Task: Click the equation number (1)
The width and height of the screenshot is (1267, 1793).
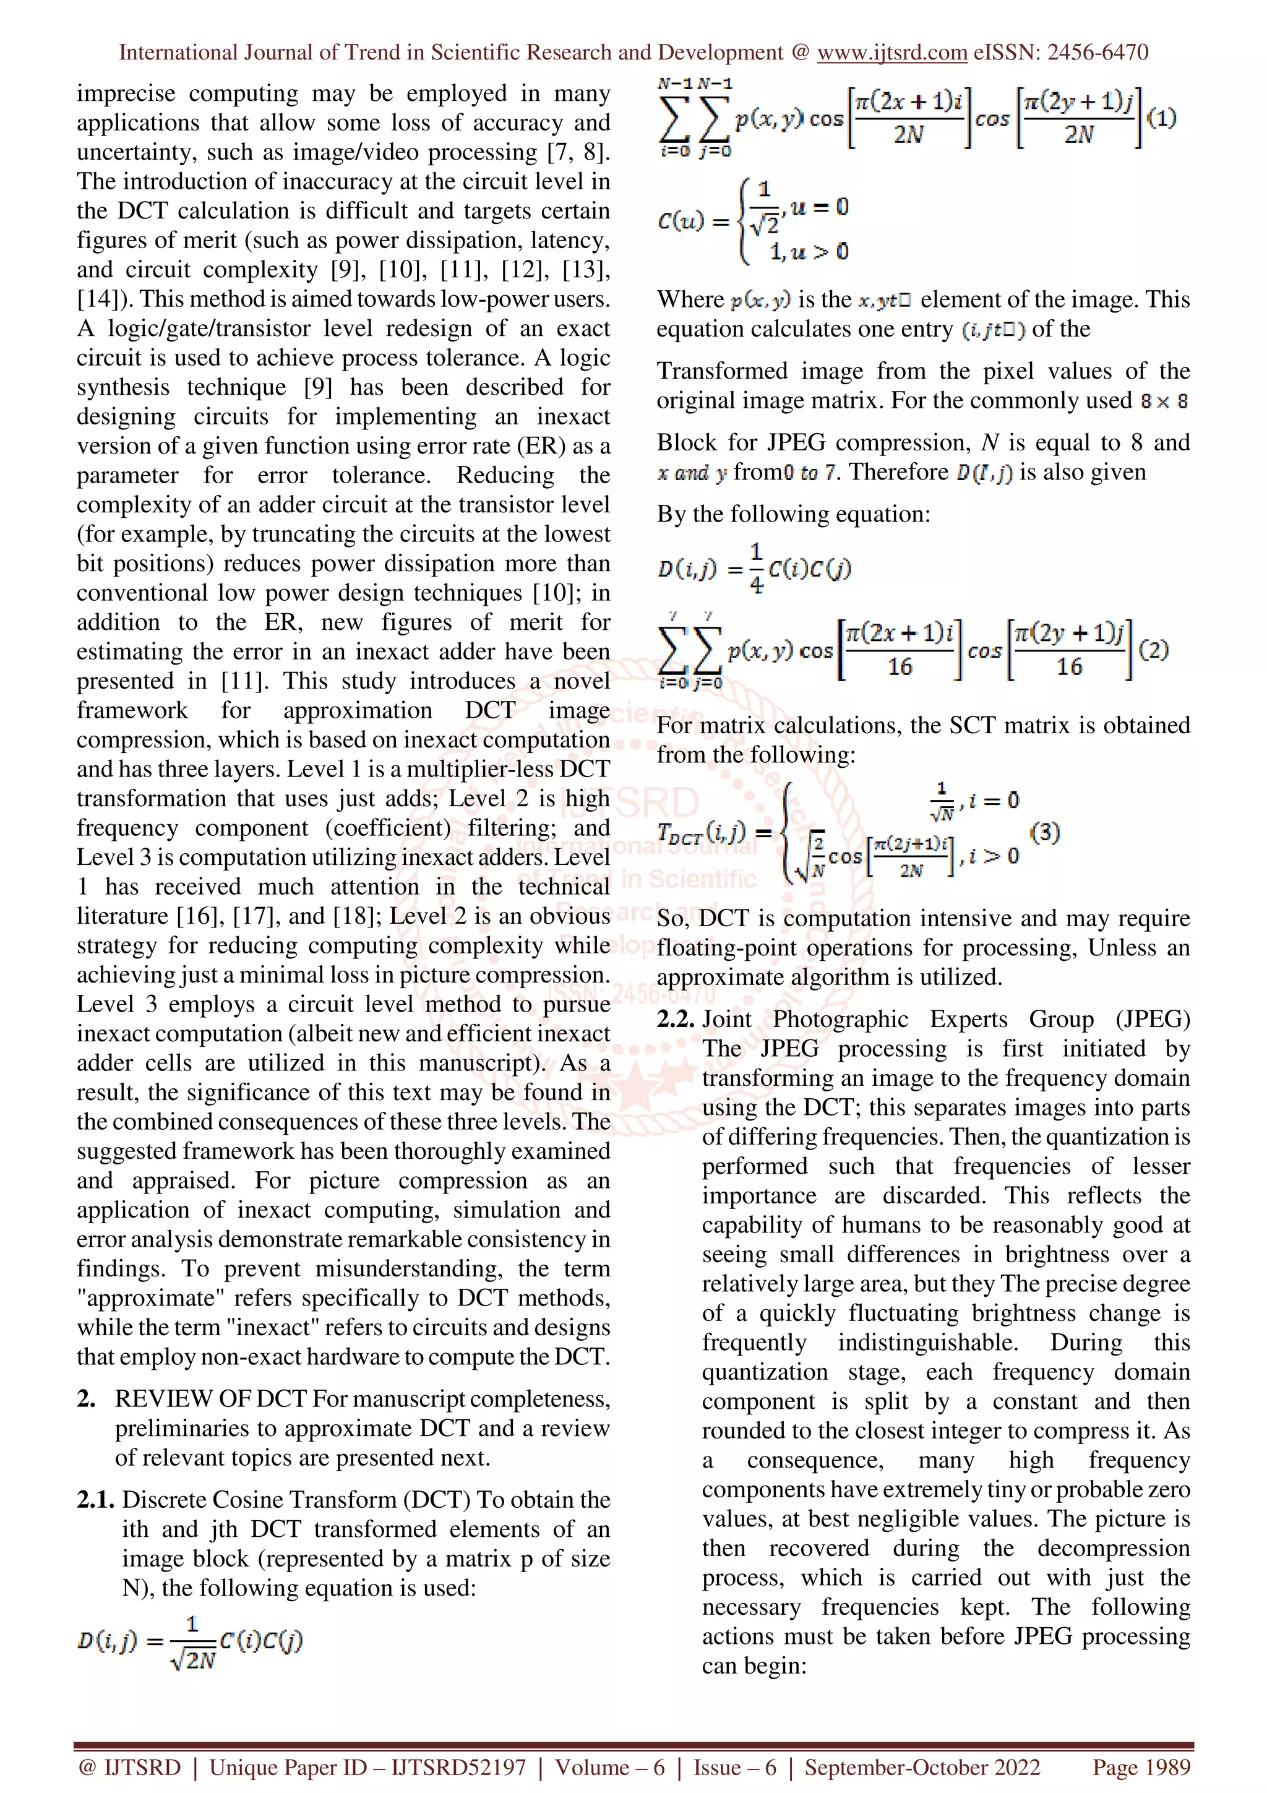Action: (x=1162, y=118)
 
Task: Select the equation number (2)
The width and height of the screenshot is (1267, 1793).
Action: (x=1153, y=650)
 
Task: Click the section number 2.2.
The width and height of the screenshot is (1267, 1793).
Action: (x=676, y=1019)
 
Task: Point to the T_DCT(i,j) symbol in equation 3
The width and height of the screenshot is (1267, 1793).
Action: (x=701, y=833)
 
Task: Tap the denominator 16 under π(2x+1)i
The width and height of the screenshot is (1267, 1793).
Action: (x=900, y=666)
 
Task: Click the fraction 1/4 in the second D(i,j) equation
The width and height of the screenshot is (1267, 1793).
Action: (x=755, y=569)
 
